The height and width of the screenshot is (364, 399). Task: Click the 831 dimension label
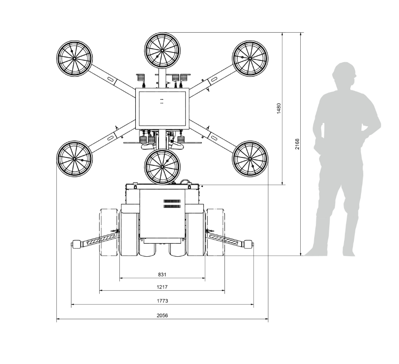(x=162, y=274)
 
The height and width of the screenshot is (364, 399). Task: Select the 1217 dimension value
(x=162, y=287)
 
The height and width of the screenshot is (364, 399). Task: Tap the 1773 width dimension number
(x=162, y=301)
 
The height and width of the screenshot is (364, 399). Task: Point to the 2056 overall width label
(x=162, y=315)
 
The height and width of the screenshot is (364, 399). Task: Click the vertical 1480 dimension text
(x=279, y=108)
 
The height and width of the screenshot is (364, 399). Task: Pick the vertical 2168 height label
(x=297, y=144)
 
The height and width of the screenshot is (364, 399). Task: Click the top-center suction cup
(x=162, y=50)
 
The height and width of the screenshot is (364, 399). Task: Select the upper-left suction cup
(x=74, y=58)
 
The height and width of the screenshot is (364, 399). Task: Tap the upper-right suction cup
(x=250, y=58)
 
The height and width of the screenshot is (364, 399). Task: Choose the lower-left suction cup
(x=74, y=159)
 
